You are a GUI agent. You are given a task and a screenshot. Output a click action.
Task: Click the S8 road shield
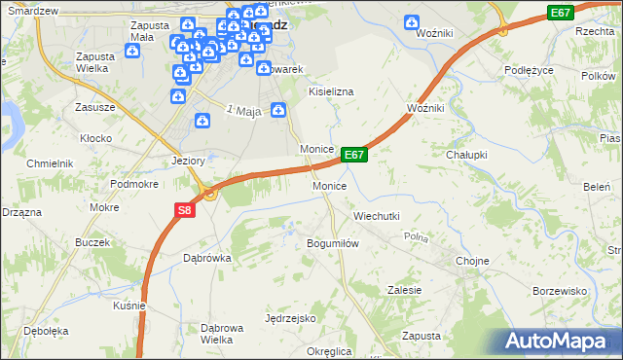185,209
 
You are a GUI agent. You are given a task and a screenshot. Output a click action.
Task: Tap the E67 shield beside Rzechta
560,13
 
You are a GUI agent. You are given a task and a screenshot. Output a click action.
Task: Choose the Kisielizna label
331,90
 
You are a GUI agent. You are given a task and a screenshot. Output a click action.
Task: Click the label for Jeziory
187,161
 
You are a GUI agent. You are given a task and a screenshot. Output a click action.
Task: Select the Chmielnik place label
51,163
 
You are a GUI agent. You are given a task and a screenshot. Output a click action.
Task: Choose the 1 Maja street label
244,112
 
